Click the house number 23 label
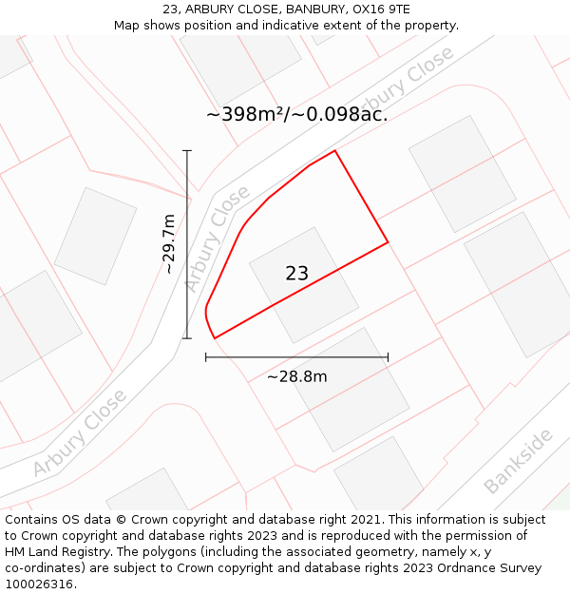(296, 274)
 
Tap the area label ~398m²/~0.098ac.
(296, 115)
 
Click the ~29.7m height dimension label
(169, 244)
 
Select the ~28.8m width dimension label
(296, 376)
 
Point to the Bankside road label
(518, 462)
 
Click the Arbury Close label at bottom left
(79, 432)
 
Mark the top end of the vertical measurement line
(187, 150)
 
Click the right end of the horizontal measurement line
(388, 357)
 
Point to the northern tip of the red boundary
(334, 150)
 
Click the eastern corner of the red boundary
(388, 242)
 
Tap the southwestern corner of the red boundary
(215, 337)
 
